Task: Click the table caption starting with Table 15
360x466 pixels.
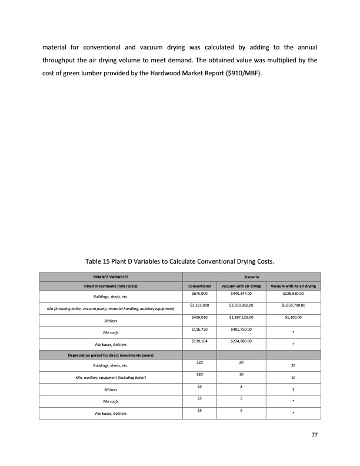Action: (180, 260)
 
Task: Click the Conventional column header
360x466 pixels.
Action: (199, 286)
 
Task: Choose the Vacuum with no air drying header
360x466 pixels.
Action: (292, 286)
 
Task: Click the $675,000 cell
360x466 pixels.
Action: (199, 293)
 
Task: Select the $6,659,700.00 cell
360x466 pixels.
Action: (292, 305)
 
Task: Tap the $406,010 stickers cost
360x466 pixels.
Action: (199, 318)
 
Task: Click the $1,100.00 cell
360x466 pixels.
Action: (292, 318)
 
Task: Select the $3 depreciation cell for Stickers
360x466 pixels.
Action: (199, 386)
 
